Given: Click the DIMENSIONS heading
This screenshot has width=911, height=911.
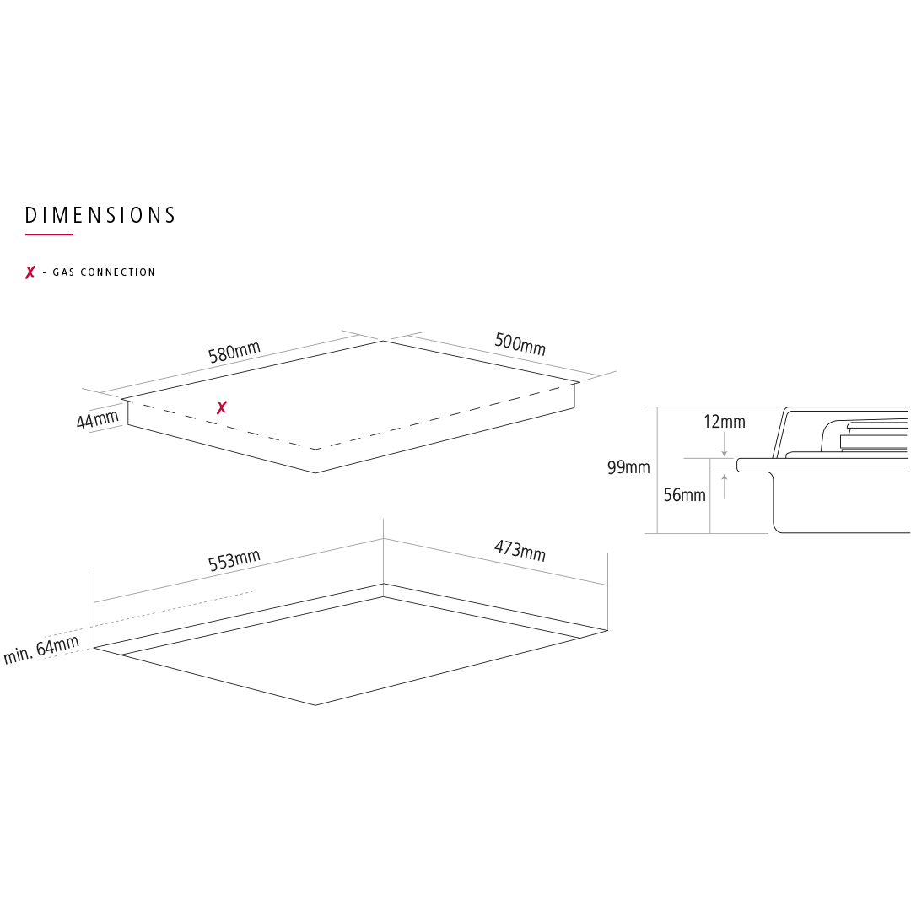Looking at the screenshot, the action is [100, 215].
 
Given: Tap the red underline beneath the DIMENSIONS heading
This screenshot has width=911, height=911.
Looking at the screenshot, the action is [50, 234].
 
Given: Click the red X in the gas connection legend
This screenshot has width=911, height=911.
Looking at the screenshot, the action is [30, 272].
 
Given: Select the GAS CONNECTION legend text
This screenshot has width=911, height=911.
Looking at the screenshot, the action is [104, 272].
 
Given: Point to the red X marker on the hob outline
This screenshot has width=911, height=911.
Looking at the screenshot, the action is [221, 407].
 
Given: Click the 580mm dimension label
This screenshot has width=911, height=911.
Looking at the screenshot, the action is [234, 352].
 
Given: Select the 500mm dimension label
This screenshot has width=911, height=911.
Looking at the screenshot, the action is [520, 343].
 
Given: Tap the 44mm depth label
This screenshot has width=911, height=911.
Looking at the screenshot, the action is [98, 419].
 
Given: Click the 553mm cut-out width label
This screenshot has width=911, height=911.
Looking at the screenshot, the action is [234, 560].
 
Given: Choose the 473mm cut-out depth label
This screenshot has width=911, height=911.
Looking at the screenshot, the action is [520, 550].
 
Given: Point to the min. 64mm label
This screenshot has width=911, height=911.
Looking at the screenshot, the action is [41, 650].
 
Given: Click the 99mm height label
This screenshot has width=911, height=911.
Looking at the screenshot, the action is [628, 467].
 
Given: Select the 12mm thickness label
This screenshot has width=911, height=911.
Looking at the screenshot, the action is [725, 422].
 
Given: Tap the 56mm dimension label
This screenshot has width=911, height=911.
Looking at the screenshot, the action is [684, 495].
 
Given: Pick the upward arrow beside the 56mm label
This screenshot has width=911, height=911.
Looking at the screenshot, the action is [724, 487].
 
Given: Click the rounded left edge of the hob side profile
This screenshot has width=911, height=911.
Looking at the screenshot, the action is [738, 465].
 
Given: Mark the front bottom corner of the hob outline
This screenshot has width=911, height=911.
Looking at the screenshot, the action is [315, 473].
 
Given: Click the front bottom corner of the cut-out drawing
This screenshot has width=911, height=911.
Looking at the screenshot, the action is [315, 705].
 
